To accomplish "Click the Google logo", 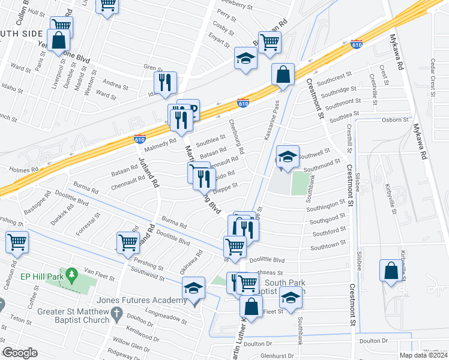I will (20, 353).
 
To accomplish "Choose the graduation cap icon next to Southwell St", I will (288, 157).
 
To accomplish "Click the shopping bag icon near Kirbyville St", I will (391, 269).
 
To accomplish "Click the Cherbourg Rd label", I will (237, 136).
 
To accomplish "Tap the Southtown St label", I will (329, 247).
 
